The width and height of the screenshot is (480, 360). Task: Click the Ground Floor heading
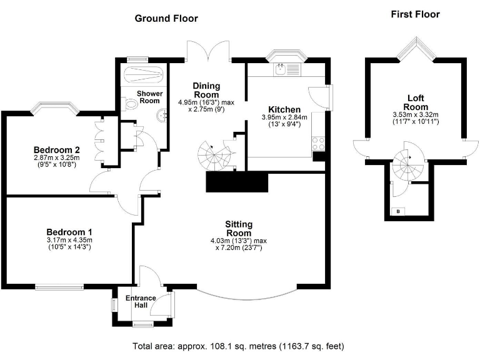tap(166, 19)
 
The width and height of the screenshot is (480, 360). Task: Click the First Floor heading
tap(415, 14)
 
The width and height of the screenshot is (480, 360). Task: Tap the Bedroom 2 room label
tap(57, 150)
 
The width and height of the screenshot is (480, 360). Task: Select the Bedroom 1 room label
tap(69, 232)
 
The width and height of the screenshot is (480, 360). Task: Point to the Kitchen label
tap(284, 109)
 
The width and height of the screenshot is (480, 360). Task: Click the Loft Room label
tap(416, 102)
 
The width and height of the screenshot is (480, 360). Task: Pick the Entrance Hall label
tap(141, 301)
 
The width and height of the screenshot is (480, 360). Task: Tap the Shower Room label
tap(150, 97)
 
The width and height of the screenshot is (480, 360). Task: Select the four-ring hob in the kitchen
tap(318, 144)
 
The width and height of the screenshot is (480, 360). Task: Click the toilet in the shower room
tap(129, 104)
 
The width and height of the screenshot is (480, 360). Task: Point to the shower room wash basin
tap(162, 116)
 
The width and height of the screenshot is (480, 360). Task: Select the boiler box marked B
tap(398, 211)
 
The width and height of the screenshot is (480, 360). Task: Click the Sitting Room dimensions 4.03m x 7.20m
tap(239, 244)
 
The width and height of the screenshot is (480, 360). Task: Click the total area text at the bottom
tap(239, 346)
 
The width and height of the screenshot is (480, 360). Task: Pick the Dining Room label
tap(206, 90)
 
